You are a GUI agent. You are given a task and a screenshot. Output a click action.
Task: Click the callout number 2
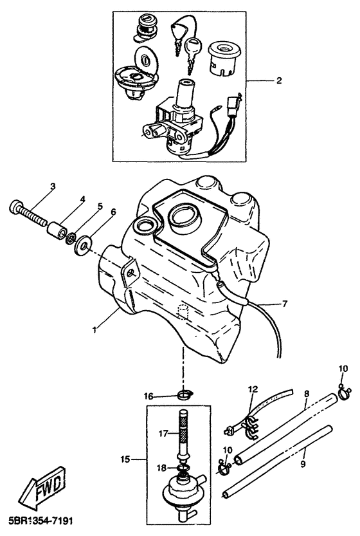coord(279,80)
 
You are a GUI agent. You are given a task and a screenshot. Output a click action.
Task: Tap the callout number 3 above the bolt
coord(53,187)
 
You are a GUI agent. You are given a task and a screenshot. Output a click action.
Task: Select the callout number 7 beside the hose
coord(285,303)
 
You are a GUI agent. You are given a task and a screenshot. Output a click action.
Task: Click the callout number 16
coord(148,396)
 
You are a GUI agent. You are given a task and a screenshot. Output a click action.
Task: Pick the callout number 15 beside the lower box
coord(125,459)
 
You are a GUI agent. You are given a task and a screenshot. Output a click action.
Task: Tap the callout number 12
coord(253,389)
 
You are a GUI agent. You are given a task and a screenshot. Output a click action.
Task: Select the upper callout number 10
coord(343,369)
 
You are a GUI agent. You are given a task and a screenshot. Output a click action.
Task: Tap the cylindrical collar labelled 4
coord(56,230)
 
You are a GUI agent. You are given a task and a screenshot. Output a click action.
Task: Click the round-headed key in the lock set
coord(193,48)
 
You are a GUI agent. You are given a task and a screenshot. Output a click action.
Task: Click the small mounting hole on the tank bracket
coord(132,272)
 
